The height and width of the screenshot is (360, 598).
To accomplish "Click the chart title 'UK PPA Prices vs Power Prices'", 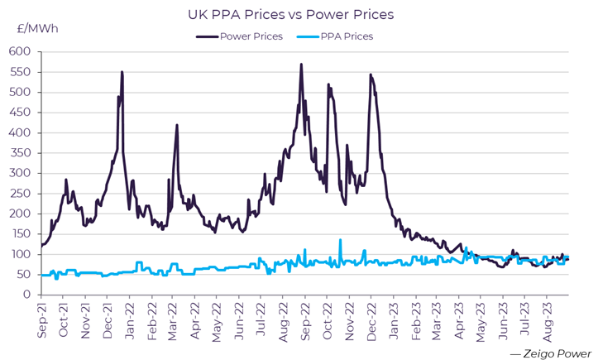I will (300, 14).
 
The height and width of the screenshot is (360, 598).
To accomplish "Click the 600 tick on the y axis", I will (20, 51).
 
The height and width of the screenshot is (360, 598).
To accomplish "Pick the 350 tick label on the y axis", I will (20, 153).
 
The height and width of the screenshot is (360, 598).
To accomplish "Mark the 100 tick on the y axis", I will (20, 254).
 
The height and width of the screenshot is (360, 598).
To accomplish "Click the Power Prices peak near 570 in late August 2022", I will (301, 65).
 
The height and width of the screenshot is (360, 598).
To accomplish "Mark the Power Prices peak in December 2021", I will (122, 72).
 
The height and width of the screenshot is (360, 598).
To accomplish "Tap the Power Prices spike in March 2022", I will (176, 125).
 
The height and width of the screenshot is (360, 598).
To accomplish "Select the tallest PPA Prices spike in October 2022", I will (340, 240).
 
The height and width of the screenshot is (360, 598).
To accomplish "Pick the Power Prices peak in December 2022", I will (370, 74).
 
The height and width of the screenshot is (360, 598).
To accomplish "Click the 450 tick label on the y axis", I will (20, 113).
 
